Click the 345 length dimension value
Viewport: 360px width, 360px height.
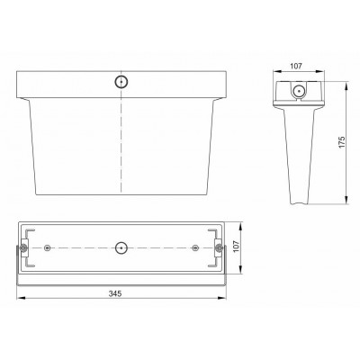click(115, 293)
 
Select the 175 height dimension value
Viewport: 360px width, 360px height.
click(342, 142)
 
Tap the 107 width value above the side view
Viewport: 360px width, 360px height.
click(296, 66)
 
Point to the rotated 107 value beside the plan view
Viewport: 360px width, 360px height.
click(237, 247)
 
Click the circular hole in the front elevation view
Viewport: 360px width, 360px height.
click(121, 82)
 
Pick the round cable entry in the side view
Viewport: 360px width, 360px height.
click(299, 90)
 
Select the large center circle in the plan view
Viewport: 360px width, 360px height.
click(121, 248)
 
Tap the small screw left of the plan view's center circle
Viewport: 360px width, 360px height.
click(47, 247)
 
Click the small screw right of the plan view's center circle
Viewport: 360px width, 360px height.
click(195, 247)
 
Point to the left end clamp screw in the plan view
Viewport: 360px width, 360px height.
click(23, 248)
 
